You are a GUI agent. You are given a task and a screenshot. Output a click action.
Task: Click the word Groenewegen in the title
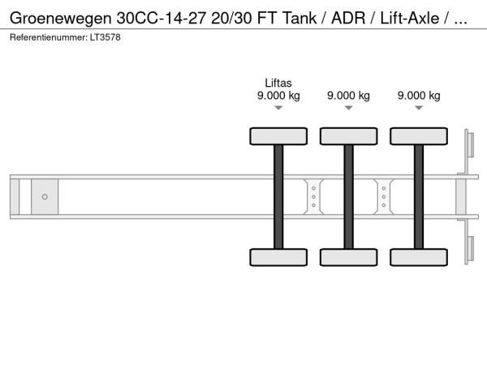pyautogui.click(x=61, y=19)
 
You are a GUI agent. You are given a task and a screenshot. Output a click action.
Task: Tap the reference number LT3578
pyautogui.click(x=106, y=37)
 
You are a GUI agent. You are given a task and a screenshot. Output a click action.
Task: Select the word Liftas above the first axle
pyautogui.click(x=278, y=83)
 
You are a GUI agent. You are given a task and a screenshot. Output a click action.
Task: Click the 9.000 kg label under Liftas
pyautogui.click(x=278, y=95)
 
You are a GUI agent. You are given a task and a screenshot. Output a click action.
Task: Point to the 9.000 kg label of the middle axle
pyautogui.click(x=348, y=95)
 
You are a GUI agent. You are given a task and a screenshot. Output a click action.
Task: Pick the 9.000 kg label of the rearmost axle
pyautogui.click(x=419, y=95)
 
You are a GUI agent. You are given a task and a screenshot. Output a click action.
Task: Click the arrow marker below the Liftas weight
pyautogui.click(x=278, y=108)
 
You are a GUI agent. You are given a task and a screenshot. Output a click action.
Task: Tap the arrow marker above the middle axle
pyautogui.click(x=349, y=108)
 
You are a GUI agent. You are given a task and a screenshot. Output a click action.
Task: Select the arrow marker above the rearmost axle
pyautogui.click(x=419, y=108)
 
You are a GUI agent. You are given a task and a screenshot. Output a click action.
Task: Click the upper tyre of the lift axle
pyautogui.click(x=278, y=136)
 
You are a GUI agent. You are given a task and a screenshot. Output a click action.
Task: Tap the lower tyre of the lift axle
pyautogui.click(x=278, y=257)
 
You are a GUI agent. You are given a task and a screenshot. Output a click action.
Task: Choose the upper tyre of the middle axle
pyautogui.click(x=349, y=136)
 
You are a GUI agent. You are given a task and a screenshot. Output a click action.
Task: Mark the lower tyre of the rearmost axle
pyautogui.click(x=419, y=257)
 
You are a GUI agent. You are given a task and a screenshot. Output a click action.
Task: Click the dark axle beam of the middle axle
pyautogui.click(x=349, y=197)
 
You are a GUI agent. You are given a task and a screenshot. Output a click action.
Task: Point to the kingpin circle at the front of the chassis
pyautogui.click(x=45, y=197)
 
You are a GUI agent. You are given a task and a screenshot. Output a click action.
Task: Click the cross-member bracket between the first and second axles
pyautogui.click(x=313, y=197)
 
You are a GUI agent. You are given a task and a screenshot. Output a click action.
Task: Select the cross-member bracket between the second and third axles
pyautogui.click(x=384, y=197)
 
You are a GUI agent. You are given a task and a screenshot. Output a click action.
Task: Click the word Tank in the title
pyautogui.click(x=300, y=19)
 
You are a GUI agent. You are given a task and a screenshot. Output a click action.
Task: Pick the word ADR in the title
pyautogui.click(x=348, y=19)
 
